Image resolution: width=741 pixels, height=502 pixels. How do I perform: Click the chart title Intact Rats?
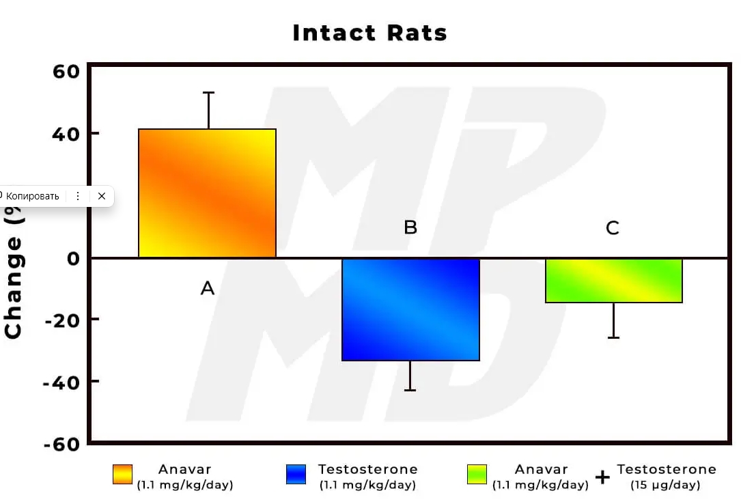[x=369, y=33]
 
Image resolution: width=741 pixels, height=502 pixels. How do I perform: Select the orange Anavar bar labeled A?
[x=207, y=193]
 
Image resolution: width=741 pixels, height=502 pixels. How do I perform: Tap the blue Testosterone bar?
[x=410, y=309]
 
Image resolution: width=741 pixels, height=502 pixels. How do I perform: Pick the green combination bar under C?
[x=613, y=280]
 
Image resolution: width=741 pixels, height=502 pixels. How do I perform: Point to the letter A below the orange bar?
[x=208, y=288]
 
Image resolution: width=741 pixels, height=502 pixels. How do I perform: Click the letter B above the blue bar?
[x=410, y=227]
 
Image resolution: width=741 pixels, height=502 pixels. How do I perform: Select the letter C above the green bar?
[x=613, y=228]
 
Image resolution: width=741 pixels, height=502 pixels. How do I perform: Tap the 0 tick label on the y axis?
[x=73, y=258]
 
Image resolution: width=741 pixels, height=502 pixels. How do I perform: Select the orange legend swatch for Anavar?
[x=122, y=475]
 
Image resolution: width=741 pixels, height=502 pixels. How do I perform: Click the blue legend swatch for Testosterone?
[x=296, y=475]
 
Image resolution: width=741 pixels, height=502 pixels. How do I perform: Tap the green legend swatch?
[x=477, y=475]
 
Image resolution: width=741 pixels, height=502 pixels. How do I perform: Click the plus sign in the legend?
[x=602, y=477]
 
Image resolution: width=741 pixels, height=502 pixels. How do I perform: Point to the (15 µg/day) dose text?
[x=667, y=486]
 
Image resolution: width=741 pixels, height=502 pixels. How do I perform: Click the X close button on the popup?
[x=102, y=196]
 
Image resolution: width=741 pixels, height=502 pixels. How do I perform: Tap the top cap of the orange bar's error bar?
[x=208, y=92]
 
